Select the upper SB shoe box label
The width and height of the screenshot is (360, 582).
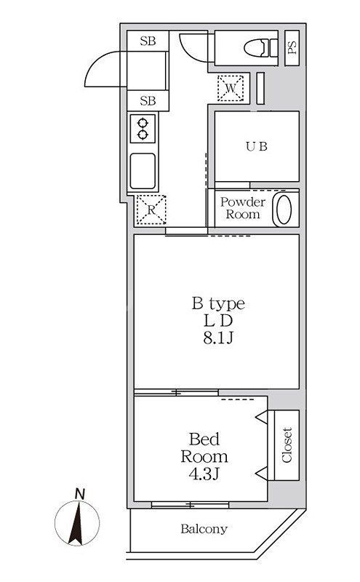(148, 41)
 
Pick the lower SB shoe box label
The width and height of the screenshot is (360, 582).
(148, 100)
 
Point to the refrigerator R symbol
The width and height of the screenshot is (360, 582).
(151, 211)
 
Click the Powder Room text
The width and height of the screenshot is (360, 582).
(242, 208)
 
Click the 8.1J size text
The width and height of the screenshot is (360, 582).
(217, 338)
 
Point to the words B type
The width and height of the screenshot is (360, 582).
(217, 303)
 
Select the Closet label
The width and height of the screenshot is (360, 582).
(287, 445)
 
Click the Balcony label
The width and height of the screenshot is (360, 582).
(204, 529)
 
